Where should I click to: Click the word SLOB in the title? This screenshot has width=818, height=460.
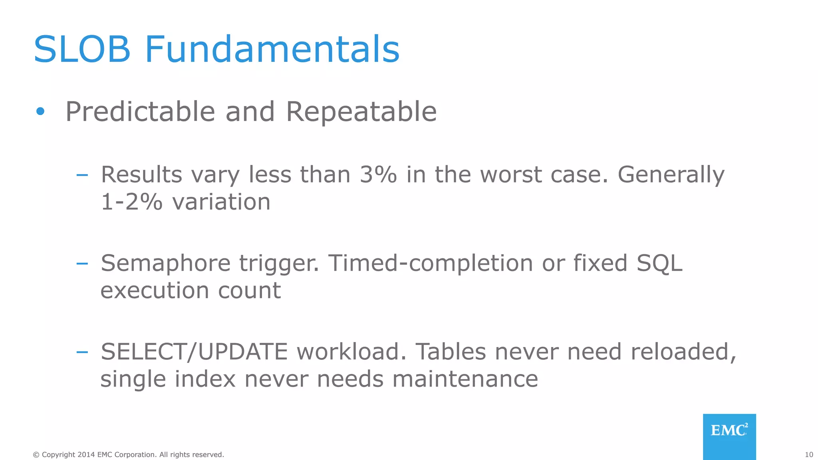coord(82,50)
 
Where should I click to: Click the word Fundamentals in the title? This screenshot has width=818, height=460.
coord(272,50)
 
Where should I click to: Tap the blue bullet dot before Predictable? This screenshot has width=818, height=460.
coord(40,111)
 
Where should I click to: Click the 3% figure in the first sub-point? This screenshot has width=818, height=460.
coord(378,174)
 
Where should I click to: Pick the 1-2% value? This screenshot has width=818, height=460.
coord(131,202)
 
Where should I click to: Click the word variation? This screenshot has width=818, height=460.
coord(221,202)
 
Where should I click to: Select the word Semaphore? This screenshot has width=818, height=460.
coord(165,264)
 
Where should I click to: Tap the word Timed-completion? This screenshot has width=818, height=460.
coord(431,264)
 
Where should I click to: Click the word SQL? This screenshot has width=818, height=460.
coord(659,264)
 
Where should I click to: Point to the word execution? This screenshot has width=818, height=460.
coord(155,290)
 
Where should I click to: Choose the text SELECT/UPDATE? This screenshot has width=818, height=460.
coord(194,352)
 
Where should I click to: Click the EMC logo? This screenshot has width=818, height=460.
coord(729,436)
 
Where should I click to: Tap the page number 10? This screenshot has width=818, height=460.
coord(809,455)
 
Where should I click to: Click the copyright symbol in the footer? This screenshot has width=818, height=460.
coord(36,455)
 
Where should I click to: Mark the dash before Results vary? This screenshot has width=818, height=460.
coord(82,175)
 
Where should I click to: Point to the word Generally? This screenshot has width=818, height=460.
coord(671,174)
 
